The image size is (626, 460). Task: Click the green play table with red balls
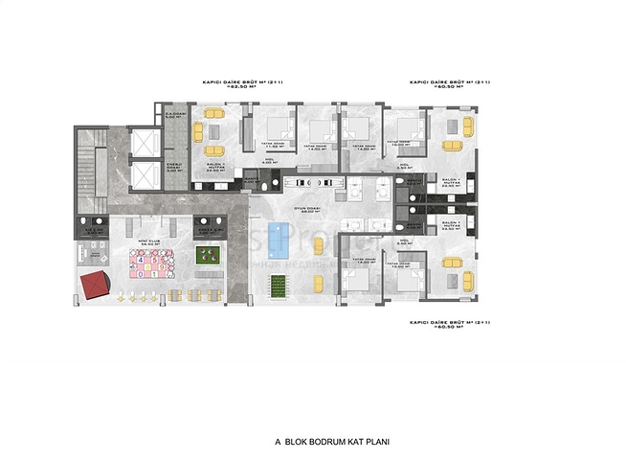pos(207,256)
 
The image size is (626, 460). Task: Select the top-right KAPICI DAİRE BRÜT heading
pos(450,85)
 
